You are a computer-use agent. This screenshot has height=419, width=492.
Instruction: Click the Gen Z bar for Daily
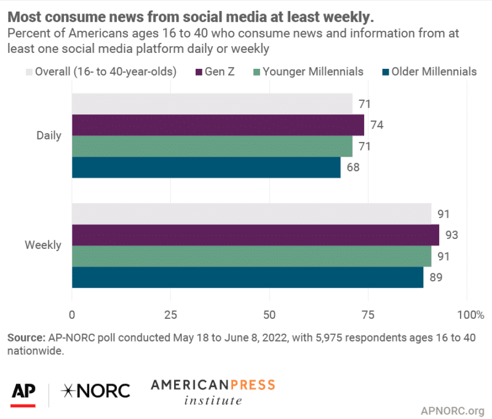(218, 125)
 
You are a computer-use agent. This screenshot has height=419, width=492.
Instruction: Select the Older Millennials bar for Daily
(206, 167)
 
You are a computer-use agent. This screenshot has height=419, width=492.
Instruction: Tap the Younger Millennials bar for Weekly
(252, 256)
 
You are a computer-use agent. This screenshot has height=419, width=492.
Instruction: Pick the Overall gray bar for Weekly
(252, 214)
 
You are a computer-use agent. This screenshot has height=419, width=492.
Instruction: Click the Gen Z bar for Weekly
(255, 235)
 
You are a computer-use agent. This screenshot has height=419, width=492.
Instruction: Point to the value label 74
(376, 125)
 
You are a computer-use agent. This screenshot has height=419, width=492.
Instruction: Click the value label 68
(352, 167)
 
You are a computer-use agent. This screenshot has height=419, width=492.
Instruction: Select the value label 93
(451, 235)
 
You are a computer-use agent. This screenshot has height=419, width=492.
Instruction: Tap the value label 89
(435, 277)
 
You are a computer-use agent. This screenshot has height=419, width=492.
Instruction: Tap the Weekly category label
(43, 245)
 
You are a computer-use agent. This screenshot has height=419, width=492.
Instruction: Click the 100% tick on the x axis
(470, 315)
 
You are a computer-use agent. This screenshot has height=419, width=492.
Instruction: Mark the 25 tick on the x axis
(171, 315)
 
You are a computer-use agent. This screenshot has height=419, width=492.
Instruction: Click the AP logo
(23, 391)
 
